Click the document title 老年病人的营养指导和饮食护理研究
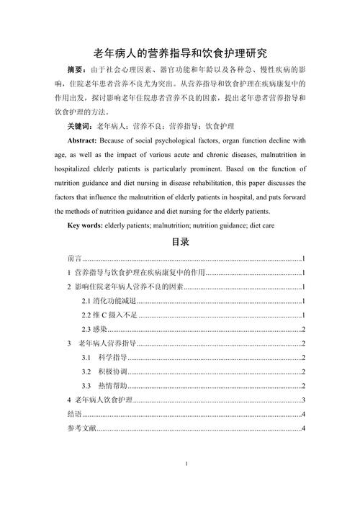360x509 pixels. (180, 53)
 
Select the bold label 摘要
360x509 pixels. (76, 70)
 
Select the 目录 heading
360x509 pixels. (180, 243)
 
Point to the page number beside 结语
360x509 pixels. (306, 415)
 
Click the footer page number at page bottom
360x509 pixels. (186, 464)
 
